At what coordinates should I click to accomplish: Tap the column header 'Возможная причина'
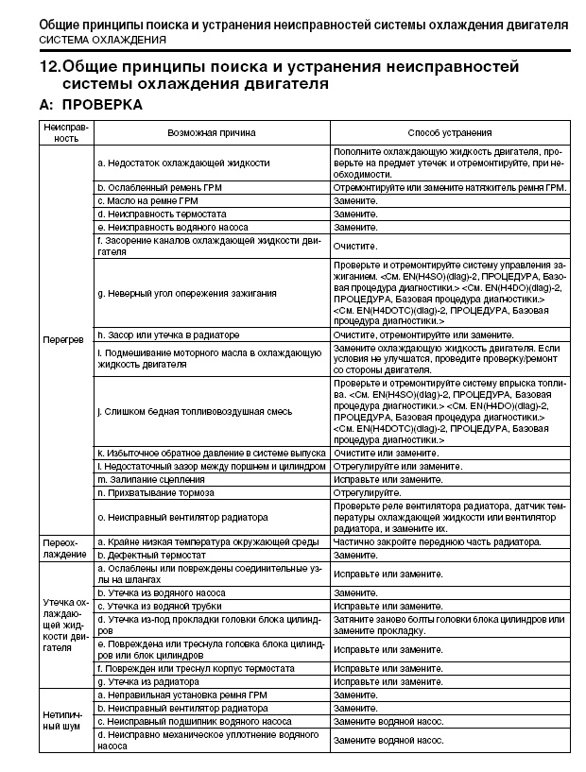[x=212, y=133]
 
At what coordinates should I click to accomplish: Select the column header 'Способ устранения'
[x=449, y=133]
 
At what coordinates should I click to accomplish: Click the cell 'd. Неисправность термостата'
[x=159, y=214]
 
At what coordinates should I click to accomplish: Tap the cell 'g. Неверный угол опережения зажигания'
[x=187, y=294]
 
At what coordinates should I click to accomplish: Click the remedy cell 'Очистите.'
[x=355, y=247]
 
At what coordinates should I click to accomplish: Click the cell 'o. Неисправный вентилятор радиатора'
[x=181, y=517]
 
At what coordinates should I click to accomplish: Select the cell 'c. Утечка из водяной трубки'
[x=164, y=606]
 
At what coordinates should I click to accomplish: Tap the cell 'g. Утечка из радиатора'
[x=150, y=681]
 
